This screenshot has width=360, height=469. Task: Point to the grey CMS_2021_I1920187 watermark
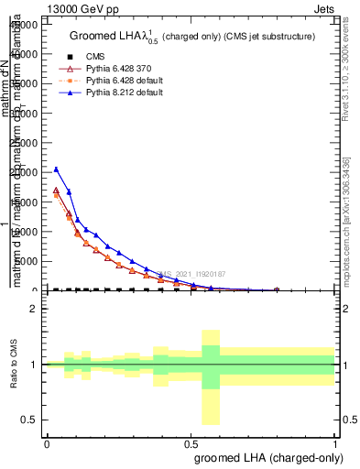pos(190,274)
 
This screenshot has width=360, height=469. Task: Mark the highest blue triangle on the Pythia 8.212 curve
pos(56,169)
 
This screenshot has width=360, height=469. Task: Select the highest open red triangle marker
pos(56,191)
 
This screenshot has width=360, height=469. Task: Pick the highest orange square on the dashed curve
pos(56,195)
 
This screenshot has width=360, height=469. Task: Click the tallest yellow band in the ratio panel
pos(211,376)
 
